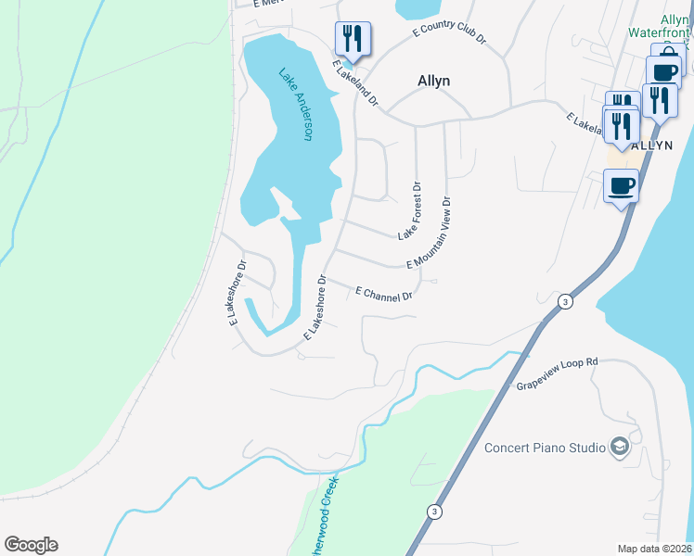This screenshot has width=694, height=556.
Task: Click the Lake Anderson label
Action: [295, 104]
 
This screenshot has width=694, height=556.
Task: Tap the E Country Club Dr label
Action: [450, 32]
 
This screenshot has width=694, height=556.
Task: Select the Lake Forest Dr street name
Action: [410, 211]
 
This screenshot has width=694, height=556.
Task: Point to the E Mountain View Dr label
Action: [429, 234]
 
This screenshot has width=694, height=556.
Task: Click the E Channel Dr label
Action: [383, 294]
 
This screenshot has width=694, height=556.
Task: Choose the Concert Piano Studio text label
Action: [545, 448]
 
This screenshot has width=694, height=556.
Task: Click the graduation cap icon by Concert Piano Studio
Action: [619, 449]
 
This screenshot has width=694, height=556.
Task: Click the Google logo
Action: [31, 545]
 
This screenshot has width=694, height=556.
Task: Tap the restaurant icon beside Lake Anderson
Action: [353, 39]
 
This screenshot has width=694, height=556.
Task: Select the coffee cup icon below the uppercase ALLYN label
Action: [622, 186]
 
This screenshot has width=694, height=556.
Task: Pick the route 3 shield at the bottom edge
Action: [433, 511]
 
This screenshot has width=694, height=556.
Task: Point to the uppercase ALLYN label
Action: [651, 146]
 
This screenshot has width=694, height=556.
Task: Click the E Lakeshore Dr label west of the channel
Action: [237, 292]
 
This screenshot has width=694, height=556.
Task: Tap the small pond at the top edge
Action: [418, 8]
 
